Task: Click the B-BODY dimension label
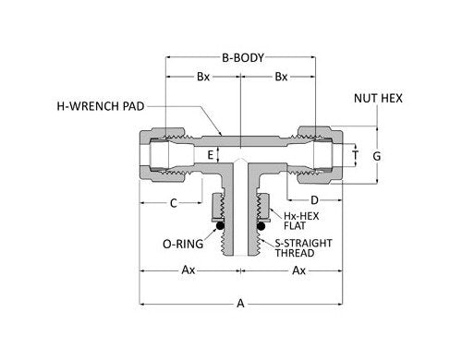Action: [240, 57]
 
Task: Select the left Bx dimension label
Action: [202, 78]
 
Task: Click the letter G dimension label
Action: [376, 156]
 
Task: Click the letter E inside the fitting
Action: [211, 154]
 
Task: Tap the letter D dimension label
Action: [313, 200]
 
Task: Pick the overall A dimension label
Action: [240, 302]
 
